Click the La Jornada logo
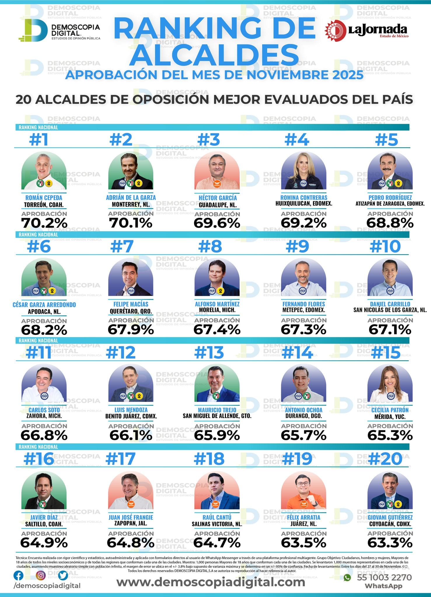click(367, 31)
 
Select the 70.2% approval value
click(44, 223)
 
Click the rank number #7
click(122, 247)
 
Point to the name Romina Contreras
click(304, 197)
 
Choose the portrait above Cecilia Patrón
click(390, 383)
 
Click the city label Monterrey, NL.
click(131, 204)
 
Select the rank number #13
click(209, 353)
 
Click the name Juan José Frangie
click(131, 517)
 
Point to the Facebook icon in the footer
click(19, 575)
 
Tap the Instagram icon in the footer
click(41, 575)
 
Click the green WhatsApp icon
click(347, 577)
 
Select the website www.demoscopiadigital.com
click(211, 582)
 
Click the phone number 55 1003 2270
click(384, 577)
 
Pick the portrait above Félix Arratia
click(303, 490)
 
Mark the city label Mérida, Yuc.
click(390, 417)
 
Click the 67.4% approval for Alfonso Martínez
click(217, 330)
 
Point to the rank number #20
click(385, 459)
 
